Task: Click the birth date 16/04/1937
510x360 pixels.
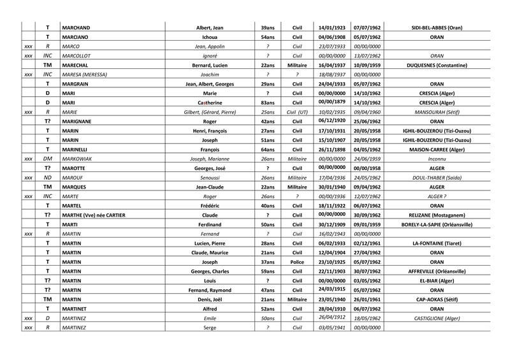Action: (x=331, y=65)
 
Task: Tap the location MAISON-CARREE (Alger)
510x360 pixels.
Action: (x=437, y=148)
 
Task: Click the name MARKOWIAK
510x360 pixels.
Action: (x=78, y=158)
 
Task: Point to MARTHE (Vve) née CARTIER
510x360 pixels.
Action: (x=93, y=215)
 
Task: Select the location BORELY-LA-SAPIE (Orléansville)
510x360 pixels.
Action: (x=437, y=224)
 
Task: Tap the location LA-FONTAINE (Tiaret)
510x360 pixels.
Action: (x=437, y=243)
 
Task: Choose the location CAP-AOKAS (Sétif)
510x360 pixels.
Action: (x=437, y=299)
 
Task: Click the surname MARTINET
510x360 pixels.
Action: (x=77, y=308)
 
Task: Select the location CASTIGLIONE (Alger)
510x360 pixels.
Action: (x=437, y=318)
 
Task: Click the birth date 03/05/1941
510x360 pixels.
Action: (x=331, y=328)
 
